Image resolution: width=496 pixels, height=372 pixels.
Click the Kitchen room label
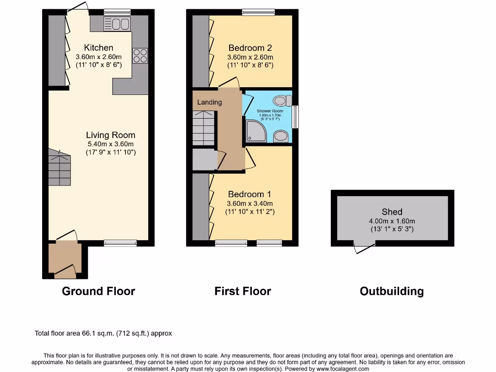pyautogui.click(x=98, y=47)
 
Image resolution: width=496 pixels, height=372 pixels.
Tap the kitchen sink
pyautogui.click(x=117, y=23)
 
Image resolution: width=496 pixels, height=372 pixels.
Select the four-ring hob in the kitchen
pyautogui.click(x=140, y=56)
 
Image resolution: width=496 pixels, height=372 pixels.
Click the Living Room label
pyautogui.click(x=110, y=135)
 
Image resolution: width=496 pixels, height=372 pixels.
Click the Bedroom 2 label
pyautogui.click(x=250, y=47)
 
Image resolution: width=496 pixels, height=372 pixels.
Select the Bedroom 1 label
pyautogui.click(x=250, y=194)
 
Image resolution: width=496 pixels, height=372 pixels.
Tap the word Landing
pyautogui.click(x=209, y=102)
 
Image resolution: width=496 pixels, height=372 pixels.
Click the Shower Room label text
pyautogui.click(x=270, y=111)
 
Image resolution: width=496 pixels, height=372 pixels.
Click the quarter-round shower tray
pyautogui.click(x=255, y=130)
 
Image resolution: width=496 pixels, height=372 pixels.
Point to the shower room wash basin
pyautogui.click(x=281, y=136)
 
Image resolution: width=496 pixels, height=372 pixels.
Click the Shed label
pyautogui.click(x=392, y=212)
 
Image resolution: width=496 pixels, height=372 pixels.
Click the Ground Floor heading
pyautogui.click(x=98, y=291)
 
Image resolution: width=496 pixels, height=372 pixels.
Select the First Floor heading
pyautogui.click(x=243, y=291)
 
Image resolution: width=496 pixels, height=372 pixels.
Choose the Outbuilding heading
pyautogui.click(x=391, y=291)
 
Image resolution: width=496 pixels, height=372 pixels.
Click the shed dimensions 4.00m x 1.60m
pyautogui.click(x=392, y=221)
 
